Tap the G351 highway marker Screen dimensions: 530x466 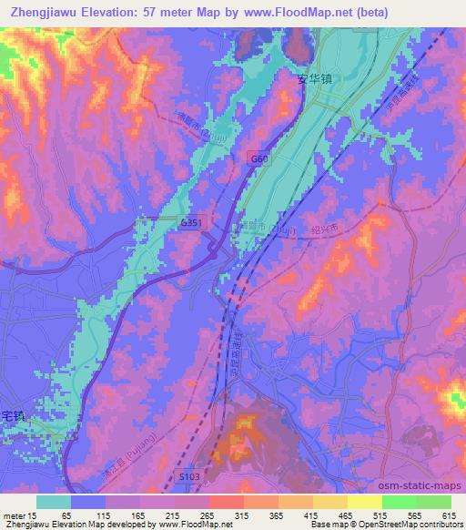tap(191, 221)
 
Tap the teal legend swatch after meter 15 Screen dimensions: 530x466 tap(54, 502)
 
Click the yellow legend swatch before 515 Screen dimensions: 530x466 tap(364, 502)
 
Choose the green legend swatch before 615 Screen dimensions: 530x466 tap(433, 502)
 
